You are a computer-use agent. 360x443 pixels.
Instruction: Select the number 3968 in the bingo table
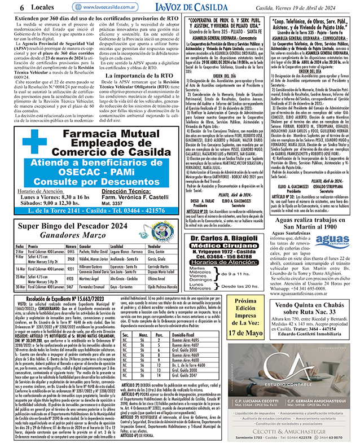pos(71,258)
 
